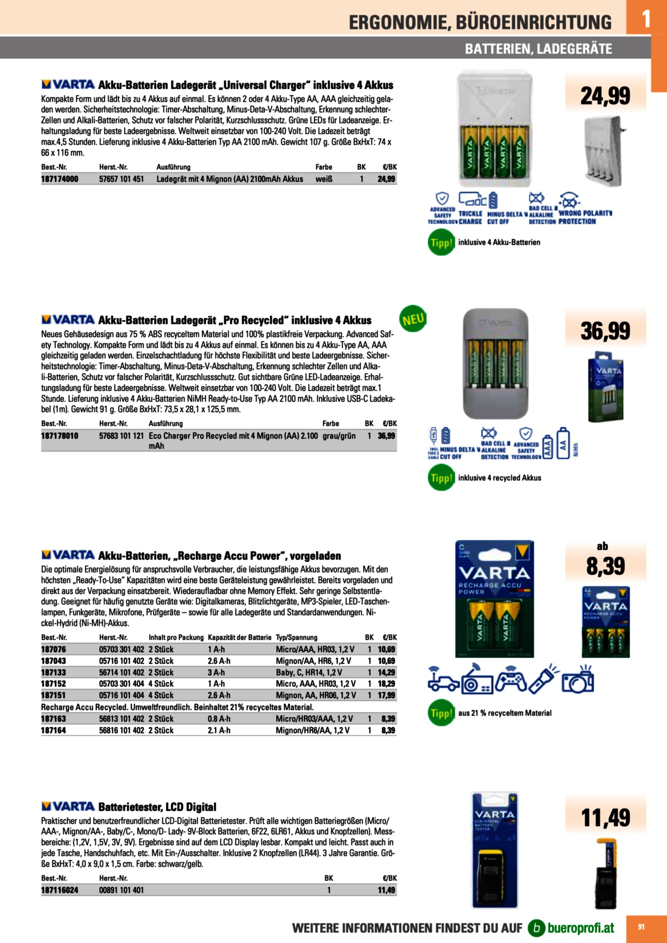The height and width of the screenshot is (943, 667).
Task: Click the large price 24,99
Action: (x=605, y=96)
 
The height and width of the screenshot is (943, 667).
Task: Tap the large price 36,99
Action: (x=605, y=331)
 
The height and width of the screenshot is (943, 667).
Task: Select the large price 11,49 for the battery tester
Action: (x=605, y=817)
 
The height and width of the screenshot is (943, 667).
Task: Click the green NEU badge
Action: (x=413, y=319)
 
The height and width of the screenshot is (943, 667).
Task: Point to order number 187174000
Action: (x=60, y=179)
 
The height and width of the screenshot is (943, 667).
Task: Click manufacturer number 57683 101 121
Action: (x=121, y=436)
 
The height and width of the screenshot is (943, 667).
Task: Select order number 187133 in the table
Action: (x=53, y=672)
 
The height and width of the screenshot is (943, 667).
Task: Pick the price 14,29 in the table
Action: (x=386, y=672)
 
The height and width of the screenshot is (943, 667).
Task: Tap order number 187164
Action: (x=53, y=730)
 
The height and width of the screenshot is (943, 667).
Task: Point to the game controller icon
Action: (x=511, y=682)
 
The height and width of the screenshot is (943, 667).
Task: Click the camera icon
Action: (x=577, y=681)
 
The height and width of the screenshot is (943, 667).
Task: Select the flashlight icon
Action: (x=543, y=680)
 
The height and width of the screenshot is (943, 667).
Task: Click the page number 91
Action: (x=641, y=927)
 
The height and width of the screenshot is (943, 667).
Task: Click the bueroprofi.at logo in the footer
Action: (x=571, y=928)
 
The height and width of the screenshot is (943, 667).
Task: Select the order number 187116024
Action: (x=60, y=890)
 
